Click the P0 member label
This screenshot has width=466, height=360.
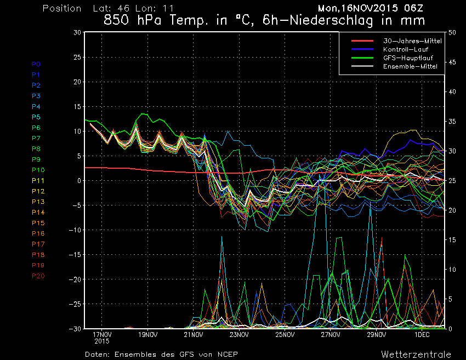[x=36, y=64]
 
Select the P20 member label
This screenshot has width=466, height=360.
[x=38, y=276]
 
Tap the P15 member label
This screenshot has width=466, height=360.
[x=38, y=223]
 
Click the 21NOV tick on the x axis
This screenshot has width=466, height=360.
[x=194, y=334]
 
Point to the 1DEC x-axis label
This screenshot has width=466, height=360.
[x=422, y=334]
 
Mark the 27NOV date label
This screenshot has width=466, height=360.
[x=331, y=334]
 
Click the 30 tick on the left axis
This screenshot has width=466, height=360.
[x=77, y=32]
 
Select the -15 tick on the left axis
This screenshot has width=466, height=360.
[x=75, y=255]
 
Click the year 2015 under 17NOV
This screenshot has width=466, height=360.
[x=102, y=342]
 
